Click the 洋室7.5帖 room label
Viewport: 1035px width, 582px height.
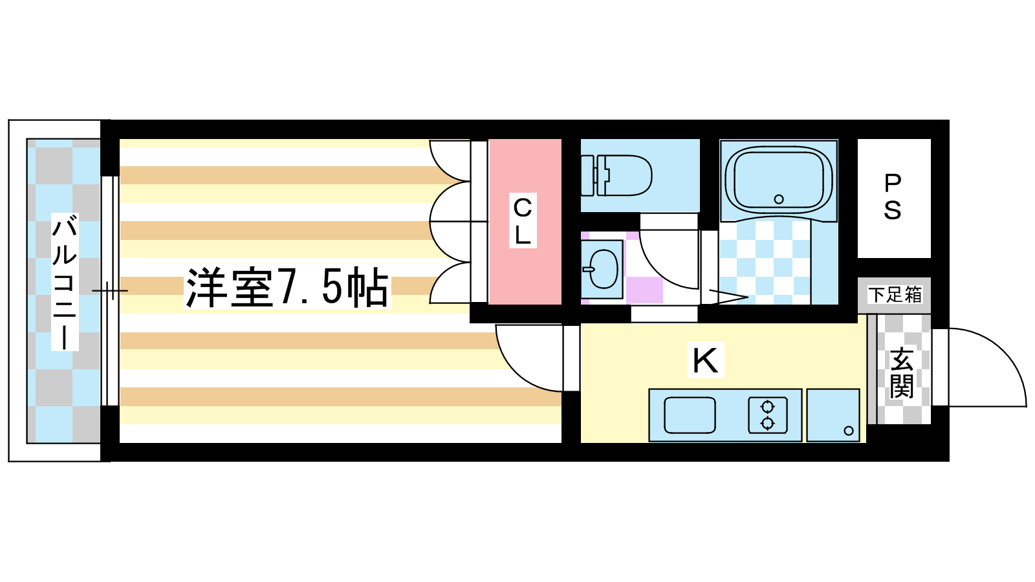pyautogui.click(x=287, y=287)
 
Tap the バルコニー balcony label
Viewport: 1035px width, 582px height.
pyautogui.click(x=65, y=282)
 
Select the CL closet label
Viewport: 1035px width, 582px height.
pyautogui.click(x=523, y=221)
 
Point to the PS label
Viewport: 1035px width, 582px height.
pyautogui.click(x=893, y=197)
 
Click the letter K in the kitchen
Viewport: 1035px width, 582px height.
pyautogui.click(x=705, y=360)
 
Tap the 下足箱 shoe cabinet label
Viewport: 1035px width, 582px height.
pyautogui.click(x=895, y=295)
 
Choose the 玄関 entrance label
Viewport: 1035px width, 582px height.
pyautogui.click(x=902, y=374)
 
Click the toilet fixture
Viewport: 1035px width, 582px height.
pyautogui.click(x=616, y=175)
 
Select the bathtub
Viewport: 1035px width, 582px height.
pyautogui.click(x=779, y=180)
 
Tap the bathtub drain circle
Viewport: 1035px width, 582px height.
pyautogui.click(x=779, y=199)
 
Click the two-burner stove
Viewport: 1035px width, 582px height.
pyautogui.click(x=767, y=415)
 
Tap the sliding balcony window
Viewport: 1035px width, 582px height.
pyautogui.click(x=110, y=291)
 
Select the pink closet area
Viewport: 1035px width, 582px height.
pyautogui.click(x=525, y=222)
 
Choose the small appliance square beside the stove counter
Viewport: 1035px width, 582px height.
pyautogui.click(x=833, y=415)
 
